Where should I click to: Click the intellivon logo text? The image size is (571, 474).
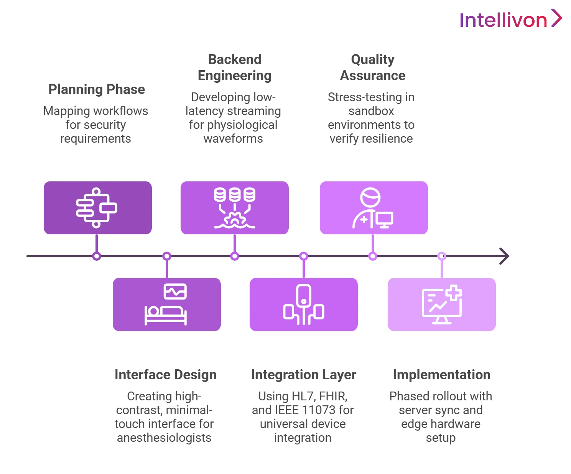(504, 20)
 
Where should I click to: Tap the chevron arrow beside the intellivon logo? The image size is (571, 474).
(557, 18)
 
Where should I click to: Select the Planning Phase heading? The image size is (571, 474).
(98, 90)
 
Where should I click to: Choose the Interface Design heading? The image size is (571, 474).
(166, 375)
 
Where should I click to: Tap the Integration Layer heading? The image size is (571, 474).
(304, 375)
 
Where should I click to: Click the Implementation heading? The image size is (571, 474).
(441, 375)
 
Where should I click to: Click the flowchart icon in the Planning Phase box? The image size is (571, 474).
(96, 208)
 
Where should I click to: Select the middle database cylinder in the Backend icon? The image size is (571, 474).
(235, 194)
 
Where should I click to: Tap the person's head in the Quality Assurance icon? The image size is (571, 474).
(370, 197)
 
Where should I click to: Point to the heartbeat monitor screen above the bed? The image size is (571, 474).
(175, 291)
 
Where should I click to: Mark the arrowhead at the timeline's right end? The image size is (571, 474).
(503, 256)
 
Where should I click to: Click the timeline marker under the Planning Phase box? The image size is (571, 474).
(97, 256)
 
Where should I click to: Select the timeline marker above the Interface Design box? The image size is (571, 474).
(166, 256)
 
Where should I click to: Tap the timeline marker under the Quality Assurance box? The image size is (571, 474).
(372, 256)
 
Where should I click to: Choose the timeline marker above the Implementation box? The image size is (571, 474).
(442, 256)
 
